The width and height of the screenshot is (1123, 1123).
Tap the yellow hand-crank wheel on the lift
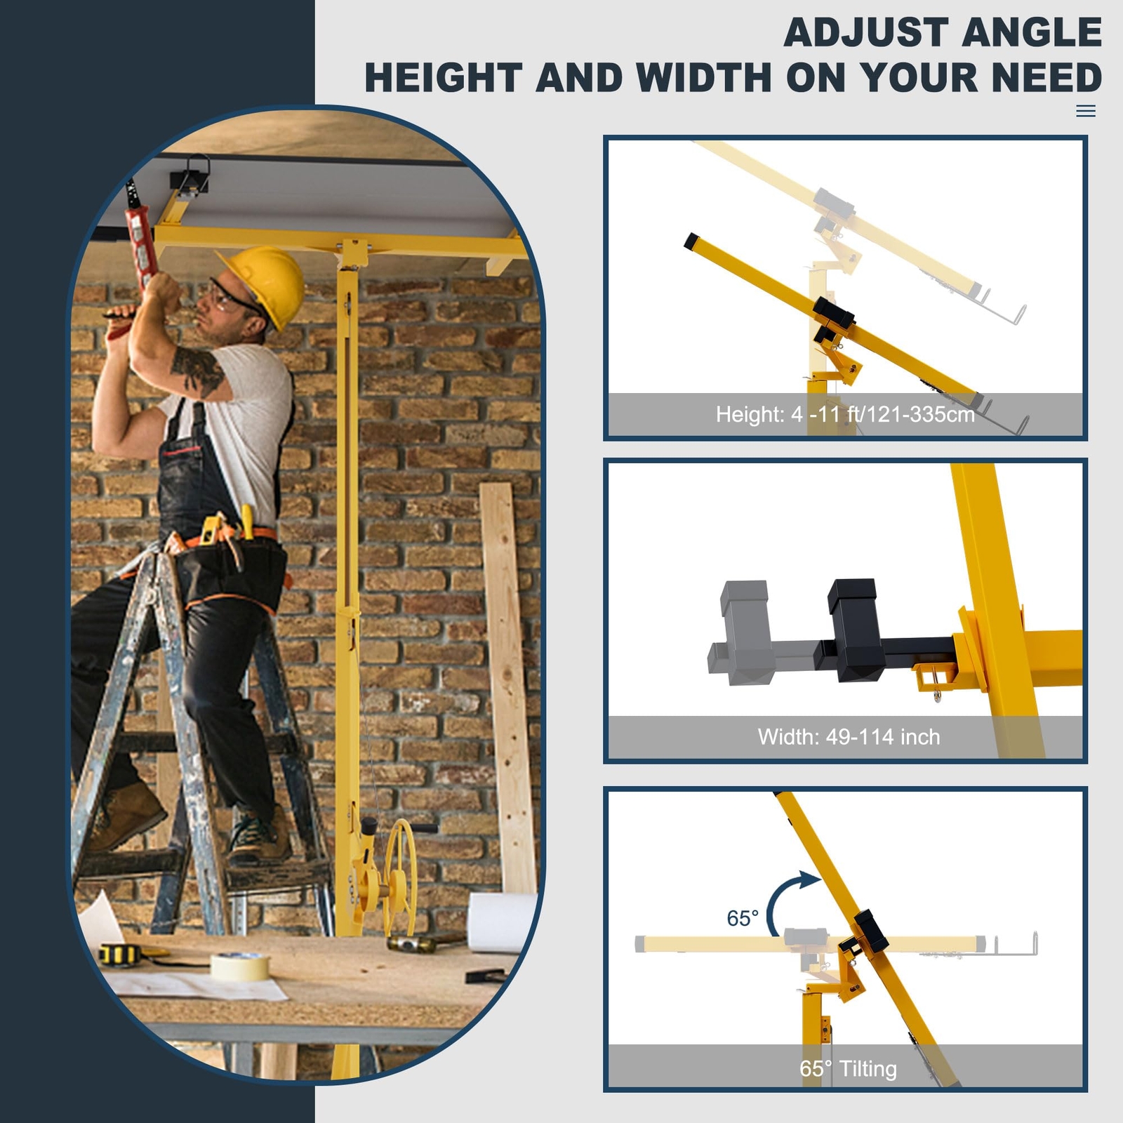point(401,868)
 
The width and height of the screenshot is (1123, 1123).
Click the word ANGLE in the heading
point(1032,33)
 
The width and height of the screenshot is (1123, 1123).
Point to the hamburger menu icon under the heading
point(1085,111)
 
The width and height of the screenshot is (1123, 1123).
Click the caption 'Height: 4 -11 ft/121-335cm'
point(845,414)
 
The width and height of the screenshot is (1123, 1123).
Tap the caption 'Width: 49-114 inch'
point(849,737)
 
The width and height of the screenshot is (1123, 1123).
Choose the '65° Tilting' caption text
point(848,1069)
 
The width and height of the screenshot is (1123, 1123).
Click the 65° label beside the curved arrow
point(742,918)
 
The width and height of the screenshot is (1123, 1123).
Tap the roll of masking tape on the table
point(240,966)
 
